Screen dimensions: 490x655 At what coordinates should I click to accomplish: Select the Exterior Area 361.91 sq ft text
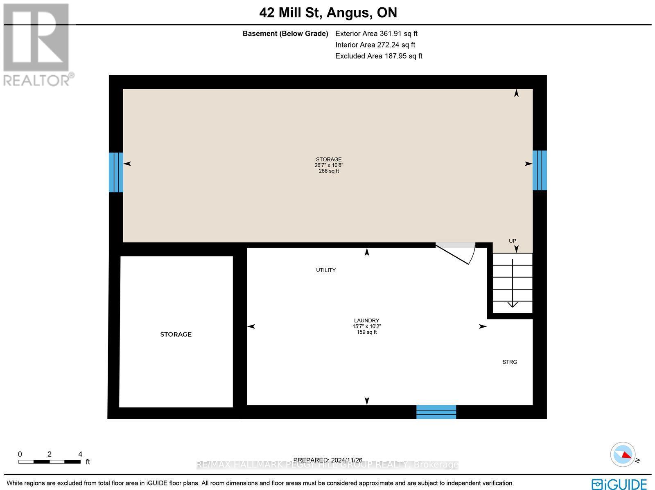(x=376, y=34)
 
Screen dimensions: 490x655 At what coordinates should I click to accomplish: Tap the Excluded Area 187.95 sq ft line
(x=379, y=56)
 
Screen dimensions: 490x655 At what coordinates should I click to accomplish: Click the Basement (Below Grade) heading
(x=285, y=34)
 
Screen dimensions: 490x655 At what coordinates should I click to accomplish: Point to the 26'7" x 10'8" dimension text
(x=329, y=165)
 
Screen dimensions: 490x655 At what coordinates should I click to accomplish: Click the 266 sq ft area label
(x=329, y=171)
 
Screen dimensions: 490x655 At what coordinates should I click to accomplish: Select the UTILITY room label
(x=326, y=270)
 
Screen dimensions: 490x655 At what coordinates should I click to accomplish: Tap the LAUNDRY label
(x=366, y=320)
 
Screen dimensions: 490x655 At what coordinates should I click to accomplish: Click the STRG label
(x=510, y=362)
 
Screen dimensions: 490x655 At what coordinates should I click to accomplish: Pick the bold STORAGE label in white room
(x=176, y=334)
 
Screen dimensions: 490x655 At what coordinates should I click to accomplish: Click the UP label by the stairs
(x=512, y=241)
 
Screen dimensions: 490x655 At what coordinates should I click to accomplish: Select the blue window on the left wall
(x=116, y=172)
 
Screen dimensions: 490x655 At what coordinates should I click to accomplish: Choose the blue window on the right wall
(x=540, y=170)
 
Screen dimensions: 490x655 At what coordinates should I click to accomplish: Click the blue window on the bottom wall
(x=436, y=411)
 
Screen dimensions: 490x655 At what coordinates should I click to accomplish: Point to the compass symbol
(x=623, y=454)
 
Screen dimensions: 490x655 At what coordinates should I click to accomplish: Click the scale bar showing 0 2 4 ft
(x=50, y=461)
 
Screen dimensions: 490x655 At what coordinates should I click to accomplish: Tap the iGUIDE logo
(x=619, y=484)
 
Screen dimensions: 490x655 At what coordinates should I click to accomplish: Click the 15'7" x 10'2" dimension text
(x=366, y=326)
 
